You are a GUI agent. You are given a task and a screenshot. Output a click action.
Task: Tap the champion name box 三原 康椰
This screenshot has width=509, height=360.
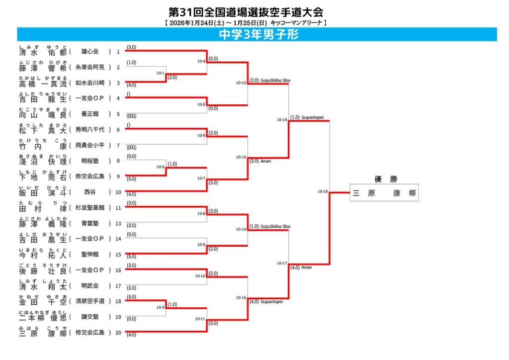click(384, 193)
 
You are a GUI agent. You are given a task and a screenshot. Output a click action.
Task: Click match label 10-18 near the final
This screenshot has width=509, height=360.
click(323, 191)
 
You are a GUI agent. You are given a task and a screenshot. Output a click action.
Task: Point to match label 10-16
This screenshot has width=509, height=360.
click(282, 119)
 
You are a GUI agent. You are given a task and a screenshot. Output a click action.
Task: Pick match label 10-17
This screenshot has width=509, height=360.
click(282, 263)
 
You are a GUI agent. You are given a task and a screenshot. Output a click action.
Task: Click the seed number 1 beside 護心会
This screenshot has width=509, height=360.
click(118, 51)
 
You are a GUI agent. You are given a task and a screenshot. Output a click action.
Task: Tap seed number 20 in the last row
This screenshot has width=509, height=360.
click(118, 333)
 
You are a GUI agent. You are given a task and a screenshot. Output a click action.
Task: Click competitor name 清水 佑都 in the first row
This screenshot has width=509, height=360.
click(43, 52)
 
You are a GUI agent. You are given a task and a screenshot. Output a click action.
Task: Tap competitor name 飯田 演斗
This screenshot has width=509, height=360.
click(43, 192)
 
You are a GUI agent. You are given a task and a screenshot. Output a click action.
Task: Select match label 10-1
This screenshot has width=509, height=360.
click(160, 73)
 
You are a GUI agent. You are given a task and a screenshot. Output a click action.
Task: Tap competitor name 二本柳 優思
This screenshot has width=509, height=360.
click(43, 317)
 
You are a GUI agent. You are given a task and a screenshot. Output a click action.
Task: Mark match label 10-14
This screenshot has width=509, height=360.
click(241, 229)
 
